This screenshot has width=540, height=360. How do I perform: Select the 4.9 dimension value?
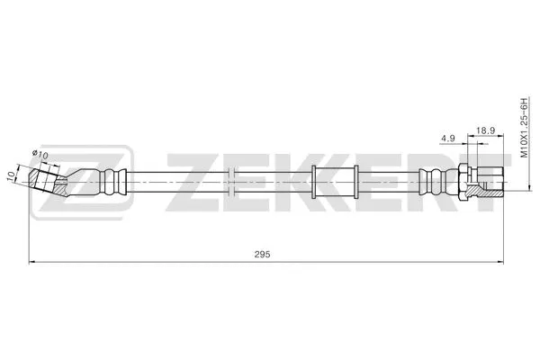click(x=448, y=138)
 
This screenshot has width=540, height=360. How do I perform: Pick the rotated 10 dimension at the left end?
click(x=12, y=176)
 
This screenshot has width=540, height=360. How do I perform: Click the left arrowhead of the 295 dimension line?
click(x=34, y=262)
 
